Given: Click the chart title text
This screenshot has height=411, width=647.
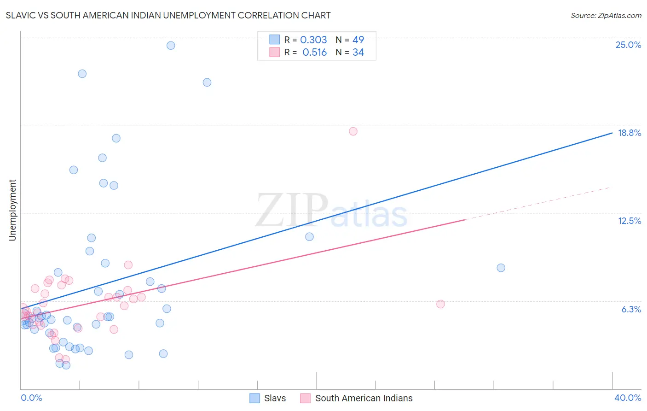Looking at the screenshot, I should pos(168,15).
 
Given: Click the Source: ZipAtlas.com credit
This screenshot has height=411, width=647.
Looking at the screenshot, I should pos(606,15).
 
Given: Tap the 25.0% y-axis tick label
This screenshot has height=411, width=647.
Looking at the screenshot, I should pos(628,45).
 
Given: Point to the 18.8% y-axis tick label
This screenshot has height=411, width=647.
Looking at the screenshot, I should pos(629,133).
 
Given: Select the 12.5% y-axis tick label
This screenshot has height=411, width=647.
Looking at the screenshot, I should pos(629,221).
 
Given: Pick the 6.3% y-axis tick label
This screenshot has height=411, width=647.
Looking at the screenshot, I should pos(631,309).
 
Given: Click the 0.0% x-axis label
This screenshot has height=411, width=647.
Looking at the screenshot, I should pos(31,398).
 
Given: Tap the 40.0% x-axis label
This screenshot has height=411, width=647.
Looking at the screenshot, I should pos(627,398).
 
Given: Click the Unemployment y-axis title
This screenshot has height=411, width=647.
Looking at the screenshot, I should pos(12,210).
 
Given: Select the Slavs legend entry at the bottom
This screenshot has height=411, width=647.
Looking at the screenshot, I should pos(275,398).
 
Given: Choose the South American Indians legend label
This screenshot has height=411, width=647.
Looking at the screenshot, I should pos(364,398).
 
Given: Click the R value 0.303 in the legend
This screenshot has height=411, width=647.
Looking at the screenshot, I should pos(313,40).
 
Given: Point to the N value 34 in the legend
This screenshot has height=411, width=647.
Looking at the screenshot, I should pos(358,53).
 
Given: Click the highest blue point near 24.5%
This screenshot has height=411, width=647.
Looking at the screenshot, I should pos(171,45).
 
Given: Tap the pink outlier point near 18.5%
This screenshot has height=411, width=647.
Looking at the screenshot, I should pos(353,131).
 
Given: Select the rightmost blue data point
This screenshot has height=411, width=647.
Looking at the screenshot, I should pos(501,268).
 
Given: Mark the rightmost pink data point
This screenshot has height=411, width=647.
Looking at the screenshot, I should pos(440,304).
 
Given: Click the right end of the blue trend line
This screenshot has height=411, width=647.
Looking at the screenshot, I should pos(612,133).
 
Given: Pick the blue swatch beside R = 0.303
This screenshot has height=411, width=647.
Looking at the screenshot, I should pos(274,40).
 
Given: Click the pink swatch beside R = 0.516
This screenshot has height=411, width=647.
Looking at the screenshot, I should pos(274,52).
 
